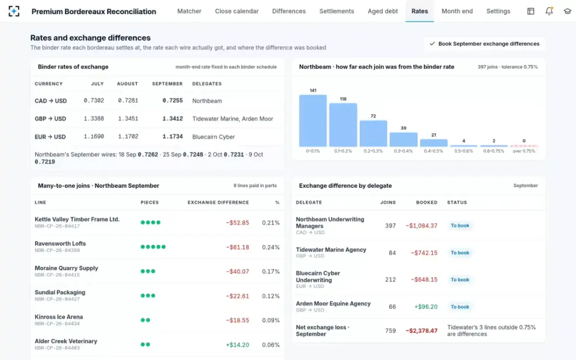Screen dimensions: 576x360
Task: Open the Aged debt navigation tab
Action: pyautogui.click(x=383, y=11)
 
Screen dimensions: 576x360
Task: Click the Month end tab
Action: pyautogui.click(x=457, y=11)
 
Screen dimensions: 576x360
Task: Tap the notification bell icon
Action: pyautogui.click(x=549, y=11)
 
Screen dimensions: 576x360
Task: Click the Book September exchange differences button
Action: pyautogui.click(x=484, y=44)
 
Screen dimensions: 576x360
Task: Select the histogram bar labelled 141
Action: pyautogui.click(x=312, y=120)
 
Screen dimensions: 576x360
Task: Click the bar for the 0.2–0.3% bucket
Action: pyautogui.click(x=373, y=133)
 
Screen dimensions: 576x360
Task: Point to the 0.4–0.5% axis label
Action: pyautogui.click(x=433, y=151)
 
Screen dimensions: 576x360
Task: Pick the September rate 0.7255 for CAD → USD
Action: pyautogui.click(x=172, y=100)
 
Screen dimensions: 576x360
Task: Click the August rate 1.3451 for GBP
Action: pyautogui.click(x=128, y=119)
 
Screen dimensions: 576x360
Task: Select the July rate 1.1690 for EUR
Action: pyautogui.click(x=94, y=136)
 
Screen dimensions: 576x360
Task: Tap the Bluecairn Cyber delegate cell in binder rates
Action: pyautogui.click(x=214, y=136)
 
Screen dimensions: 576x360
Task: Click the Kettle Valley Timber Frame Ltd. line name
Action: pyautogui.click(x=77, y=219)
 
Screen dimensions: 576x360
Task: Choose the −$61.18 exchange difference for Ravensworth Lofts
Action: pyautogui.click(x=237, y=247)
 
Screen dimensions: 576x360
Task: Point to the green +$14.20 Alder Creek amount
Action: pyautogui.click(x=237, y=345)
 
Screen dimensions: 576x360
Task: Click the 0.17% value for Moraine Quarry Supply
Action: pyautogui.click(x=271, y=271)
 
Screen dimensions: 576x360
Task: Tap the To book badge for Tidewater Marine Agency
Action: pyautogui.click(x=460, y=253)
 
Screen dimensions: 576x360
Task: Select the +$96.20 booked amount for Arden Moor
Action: pyautogui.click(x=426, y=307)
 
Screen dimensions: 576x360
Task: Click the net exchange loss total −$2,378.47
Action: pyautogui.click(x=421, y=331)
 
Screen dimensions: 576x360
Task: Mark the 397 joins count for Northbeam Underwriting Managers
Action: pyautogui.click(x=390, y=226)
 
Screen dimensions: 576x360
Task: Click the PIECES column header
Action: pyautogui.click(x=149, y=203)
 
